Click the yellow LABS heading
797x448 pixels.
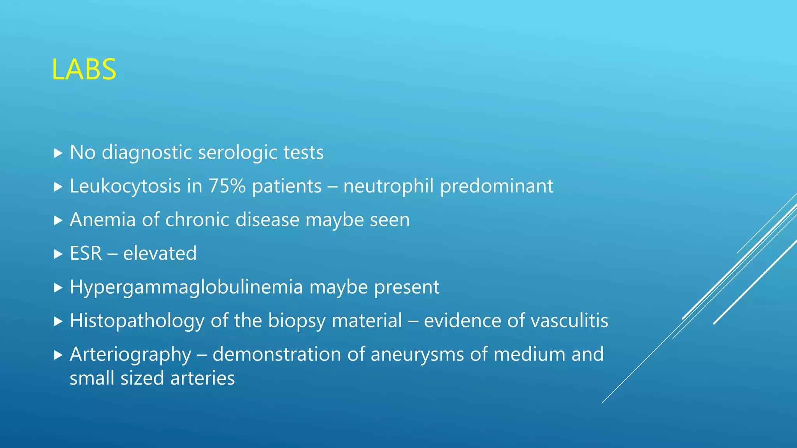(x=84, y=70)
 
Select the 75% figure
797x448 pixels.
(x=227, y=186)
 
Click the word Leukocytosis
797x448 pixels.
(x=125, y=186)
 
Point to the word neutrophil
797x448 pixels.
(x=388, y=186)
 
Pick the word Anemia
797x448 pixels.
(x=103, y=220)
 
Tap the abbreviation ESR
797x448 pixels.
(x=86, y=253)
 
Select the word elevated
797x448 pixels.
(x=160, y=253)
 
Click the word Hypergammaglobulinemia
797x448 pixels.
(x=186, y=287)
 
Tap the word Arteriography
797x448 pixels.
(x=130, y=355)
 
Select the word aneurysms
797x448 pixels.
(x=417, y=355)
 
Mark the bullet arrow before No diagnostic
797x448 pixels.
(x=58, y=153)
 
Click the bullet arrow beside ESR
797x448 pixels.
(x=58, y=254)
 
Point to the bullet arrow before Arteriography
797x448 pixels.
(x=58, y=355)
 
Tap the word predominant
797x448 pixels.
(x=497, y=186)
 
